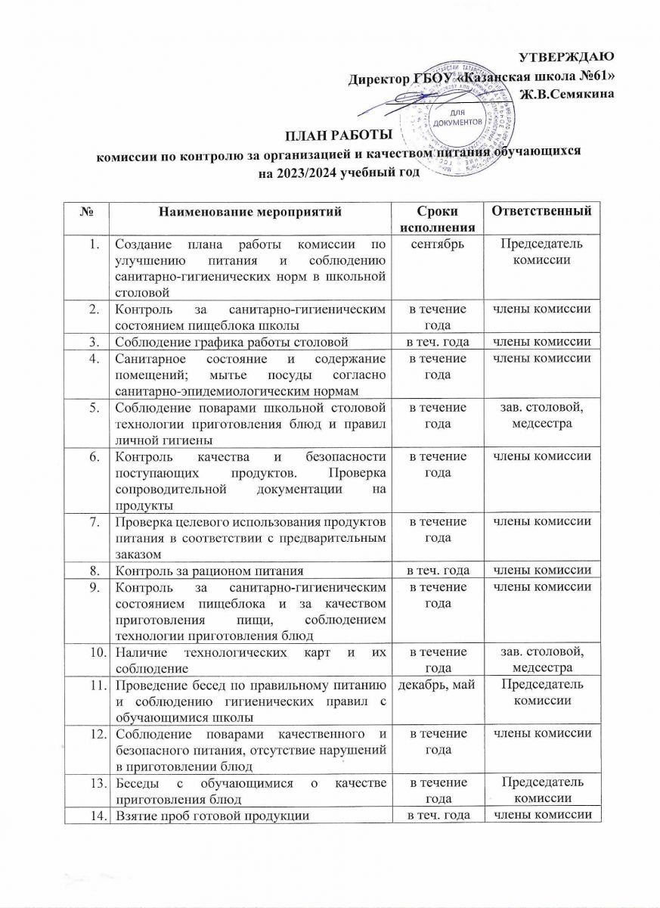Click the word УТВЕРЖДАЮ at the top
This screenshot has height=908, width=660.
pyautogui.click(x=568, y=56)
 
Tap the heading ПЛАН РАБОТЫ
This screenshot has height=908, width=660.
pyautogui.click(x=338, y=136)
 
